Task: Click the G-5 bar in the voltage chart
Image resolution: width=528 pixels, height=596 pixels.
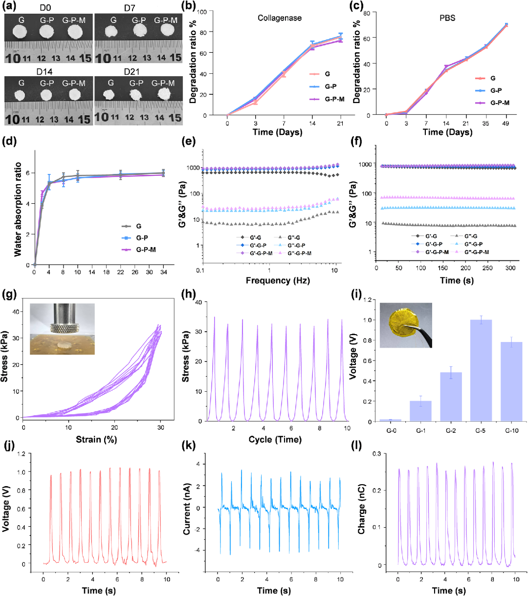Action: (x=481, y=370)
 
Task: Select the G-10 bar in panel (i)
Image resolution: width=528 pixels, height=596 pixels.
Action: (x=511, y=381)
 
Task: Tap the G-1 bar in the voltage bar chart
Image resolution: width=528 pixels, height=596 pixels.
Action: (x=420, y=411)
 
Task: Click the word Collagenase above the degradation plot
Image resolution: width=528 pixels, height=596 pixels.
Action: (x=280, y=18)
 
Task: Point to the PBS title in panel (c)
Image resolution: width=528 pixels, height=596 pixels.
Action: (x=447, y=18)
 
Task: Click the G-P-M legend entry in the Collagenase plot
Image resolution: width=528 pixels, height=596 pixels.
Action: (x=327, y=99)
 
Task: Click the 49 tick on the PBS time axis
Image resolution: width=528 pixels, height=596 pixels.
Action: (x=506, y=124)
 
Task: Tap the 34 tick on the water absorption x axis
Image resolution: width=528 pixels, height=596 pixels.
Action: (x=164, y=272)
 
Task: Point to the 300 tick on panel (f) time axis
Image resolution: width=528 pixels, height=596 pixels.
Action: (x=510, y=268)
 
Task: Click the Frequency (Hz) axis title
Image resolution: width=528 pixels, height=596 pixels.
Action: (x=278, y=280)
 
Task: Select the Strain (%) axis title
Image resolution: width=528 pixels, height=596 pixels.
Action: (x=97, y=440)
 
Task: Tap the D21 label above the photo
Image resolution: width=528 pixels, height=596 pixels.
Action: (x=132, y=72)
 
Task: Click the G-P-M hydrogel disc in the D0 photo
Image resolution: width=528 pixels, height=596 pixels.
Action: (x=75, y=32)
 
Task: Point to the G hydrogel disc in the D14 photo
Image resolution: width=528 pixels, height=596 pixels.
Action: (x=20, y=95)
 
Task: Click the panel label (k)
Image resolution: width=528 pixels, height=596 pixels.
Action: (x=189, y=446)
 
